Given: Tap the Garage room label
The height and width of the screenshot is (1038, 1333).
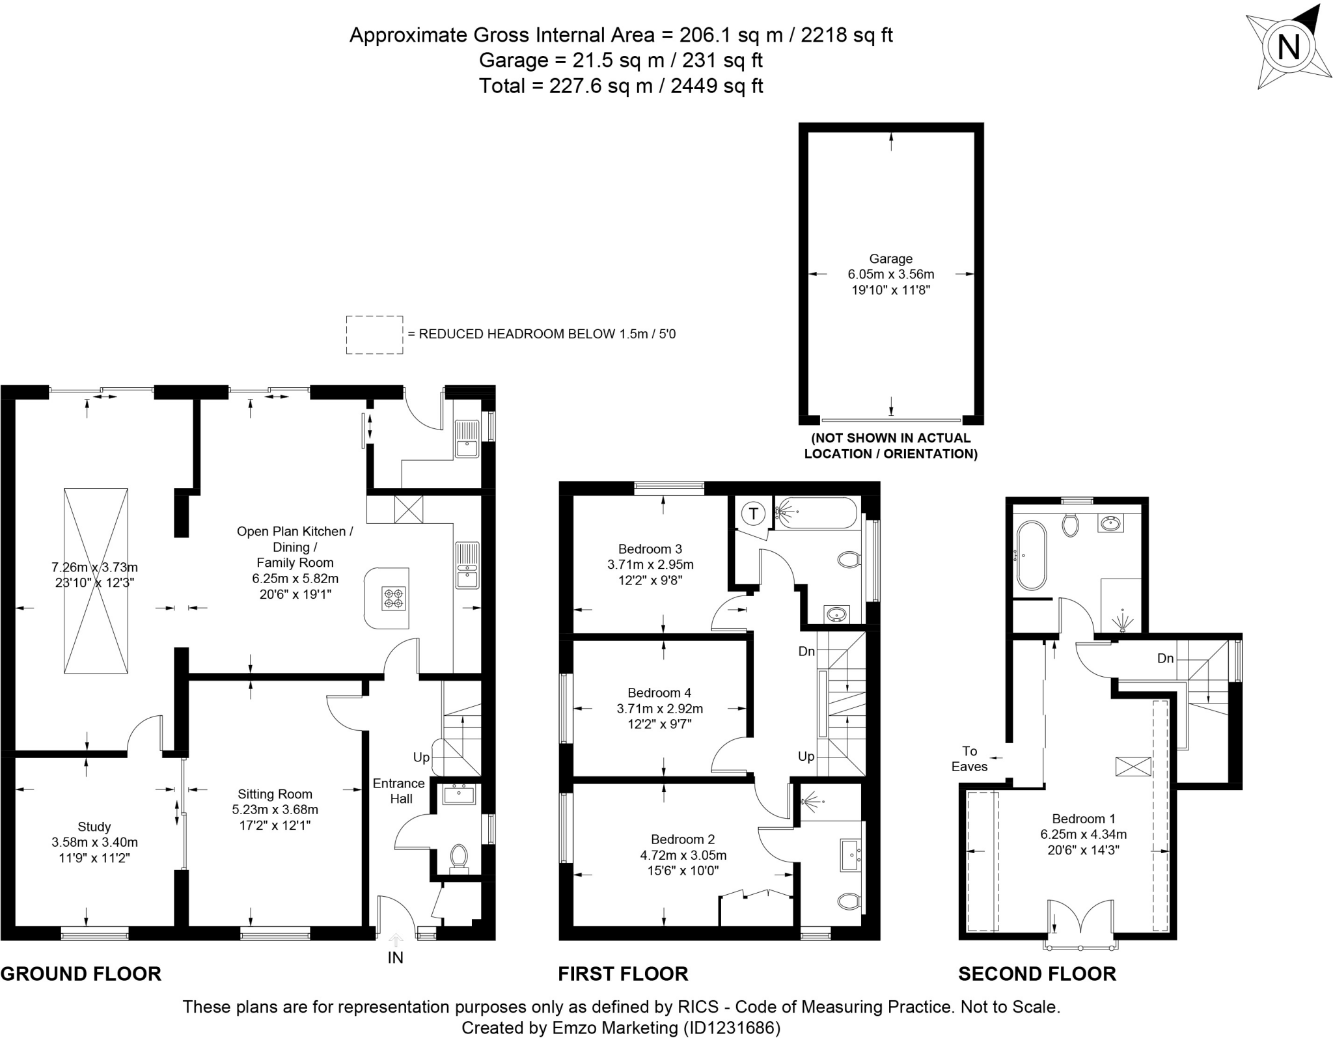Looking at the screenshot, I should [890, 258].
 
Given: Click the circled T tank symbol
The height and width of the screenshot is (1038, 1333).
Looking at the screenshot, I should [753, 514].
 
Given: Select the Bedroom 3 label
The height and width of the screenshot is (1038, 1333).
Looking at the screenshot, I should [650, 549].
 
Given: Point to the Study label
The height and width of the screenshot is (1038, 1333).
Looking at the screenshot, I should [94, 826].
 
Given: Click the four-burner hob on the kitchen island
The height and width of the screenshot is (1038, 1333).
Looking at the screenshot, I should [394, 598].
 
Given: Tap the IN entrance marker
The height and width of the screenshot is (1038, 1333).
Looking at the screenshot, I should [395, 957].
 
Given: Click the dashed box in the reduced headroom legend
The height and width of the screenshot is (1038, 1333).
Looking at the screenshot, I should [374, 335].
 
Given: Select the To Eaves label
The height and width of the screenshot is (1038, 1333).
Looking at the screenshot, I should [969, 759].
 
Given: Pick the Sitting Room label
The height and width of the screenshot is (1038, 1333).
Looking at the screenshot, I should [275, 794].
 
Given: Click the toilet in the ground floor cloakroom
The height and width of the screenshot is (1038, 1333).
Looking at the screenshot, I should [459, 856].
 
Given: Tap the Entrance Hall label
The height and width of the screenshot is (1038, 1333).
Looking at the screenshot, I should [398, 791].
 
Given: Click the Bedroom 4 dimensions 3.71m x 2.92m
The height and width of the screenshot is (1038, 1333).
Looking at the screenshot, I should [659, 709].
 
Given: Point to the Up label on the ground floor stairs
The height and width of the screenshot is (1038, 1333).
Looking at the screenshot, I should [421, 758].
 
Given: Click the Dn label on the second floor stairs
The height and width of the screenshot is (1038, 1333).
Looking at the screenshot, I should [1165, 659].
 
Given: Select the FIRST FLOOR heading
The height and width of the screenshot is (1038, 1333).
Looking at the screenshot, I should [623, 974].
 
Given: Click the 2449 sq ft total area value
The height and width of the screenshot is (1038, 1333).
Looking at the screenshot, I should [716, 86].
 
